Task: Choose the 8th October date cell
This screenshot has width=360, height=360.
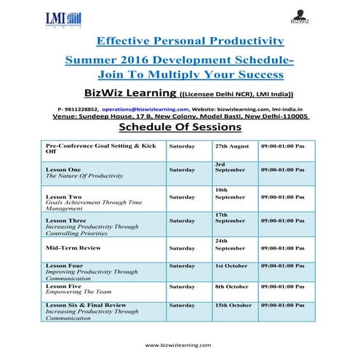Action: pos(233,287)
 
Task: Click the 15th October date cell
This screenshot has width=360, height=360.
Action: pos(233,305)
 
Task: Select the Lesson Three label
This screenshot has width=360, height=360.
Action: pos(65,220)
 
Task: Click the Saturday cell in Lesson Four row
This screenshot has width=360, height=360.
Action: pos(182,266)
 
